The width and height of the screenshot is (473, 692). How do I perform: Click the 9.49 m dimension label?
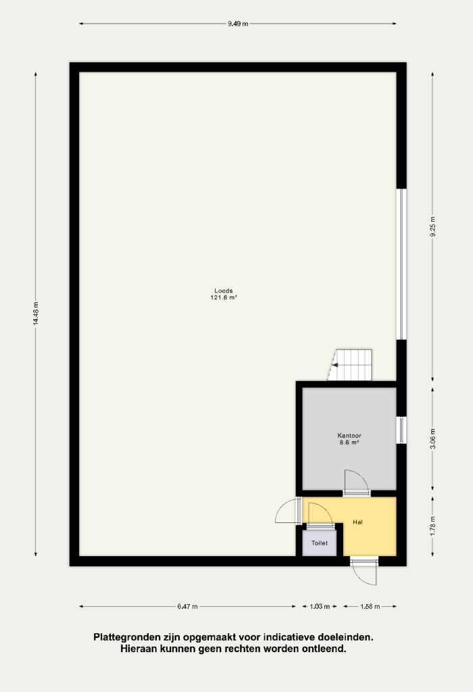[238, 24]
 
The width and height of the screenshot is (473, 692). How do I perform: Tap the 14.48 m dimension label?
[36, 314]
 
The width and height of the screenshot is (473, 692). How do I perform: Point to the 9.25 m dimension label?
[432, 227]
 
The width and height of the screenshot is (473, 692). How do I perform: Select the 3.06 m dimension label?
[432, 439]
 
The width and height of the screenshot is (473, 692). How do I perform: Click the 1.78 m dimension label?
[432, 526]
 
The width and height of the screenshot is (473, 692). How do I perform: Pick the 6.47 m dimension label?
[188, 606]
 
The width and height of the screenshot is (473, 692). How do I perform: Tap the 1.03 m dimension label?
[320, 606]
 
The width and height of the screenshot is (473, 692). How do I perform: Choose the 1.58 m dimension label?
[370, 606]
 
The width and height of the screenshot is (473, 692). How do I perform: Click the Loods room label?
[224, 291]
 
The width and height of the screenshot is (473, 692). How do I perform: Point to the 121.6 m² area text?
[224, 298]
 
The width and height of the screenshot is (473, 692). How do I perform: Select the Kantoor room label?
[349, 436]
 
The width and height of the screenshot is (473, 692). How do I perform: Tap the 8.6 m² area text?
[349, 442]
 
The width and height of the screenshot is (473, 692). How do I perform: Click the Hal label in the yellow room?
[357, 522]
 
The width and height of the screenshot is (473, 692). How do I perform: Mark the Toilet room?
[320, 543]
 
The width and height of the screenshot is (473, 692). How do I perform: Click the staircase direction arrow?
[335, 365]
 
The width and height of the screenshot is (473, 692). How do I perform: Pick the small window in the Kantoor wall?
[401, 430]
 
